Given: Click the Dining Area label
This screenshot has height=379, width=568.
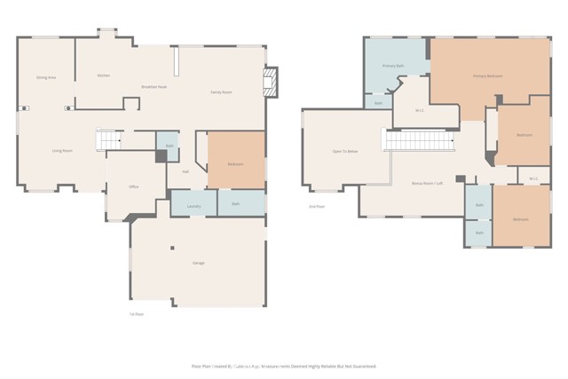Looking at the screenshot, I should click(x=46, y=78).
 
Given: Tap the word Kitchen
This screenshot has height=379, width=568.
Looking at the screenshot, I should click(x=103, y=75).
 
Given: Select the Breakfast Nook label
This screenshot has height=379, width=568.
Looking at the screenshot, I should click(x=154, y=86).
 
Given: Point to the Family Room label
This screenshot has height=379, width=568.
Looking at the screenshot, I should click(x=221, y=92).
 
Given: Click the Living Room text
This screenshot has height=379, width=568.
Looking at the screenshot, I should click(x=62, y=151).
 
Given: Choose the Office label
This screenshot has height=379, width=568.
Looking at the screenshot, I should click(x=134, y=187).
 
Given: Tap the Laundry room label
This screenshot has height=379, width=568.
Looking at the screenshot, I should click(x=193, y=206).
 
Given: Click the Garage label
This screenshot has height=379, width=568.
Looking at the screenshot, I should click(x=199, y=264).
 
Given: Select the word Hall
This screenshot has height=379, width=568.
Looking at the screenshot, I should click(x=185, y=171).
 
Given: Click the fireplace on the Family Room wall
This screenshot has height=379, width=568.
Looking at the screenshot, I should click(x=272, y=82).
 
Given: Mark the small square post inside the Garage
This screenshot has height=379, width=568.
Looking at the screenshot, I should click(x=173, y=248).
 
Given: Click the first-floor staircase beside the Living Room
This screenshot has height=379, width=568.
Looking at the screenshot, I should click(x=108, y=140).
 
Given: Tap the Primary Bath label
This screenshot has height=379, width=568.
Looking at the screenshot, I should click(x=393, y=67).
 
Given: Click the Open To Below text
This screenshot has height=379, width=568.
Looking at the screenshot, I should click(x=345, y=152).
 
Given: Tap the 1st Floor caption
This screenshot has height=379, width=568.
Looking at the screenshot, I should click(x=137, y=314).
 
